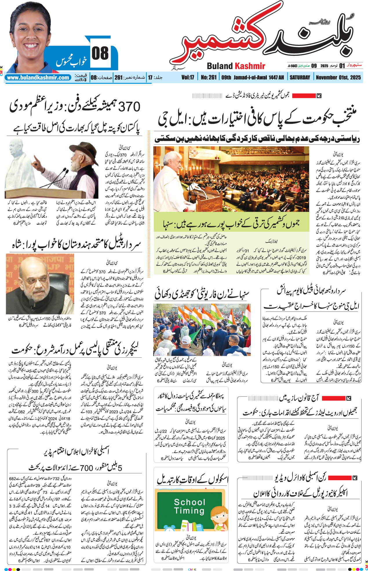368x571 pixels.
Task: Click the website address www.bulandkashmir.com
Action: [x=38, y=77]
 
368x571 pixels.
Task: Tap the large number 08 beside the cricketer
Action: [x=100, y=53]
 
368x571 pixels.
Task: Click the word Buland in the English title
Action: [x=220, y=66]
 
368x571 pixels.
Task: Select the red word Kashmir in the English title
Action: [x=250, y=66]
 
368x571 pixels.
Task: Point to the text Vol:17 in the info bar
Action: [x=188, y=77]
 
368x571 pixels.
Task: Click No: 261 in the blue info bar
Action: [x=209, y=77]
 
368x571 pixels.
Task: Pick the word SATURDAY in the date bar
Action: [x=300, y=77]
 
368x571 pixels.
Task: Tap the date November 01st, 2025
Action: [x=338, y=77]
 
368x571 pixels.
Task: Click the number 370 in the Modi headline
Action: [x=129, y=107]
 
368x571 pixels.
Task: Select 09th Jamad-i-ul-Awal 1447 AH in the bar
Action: [x=252, y=77]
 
